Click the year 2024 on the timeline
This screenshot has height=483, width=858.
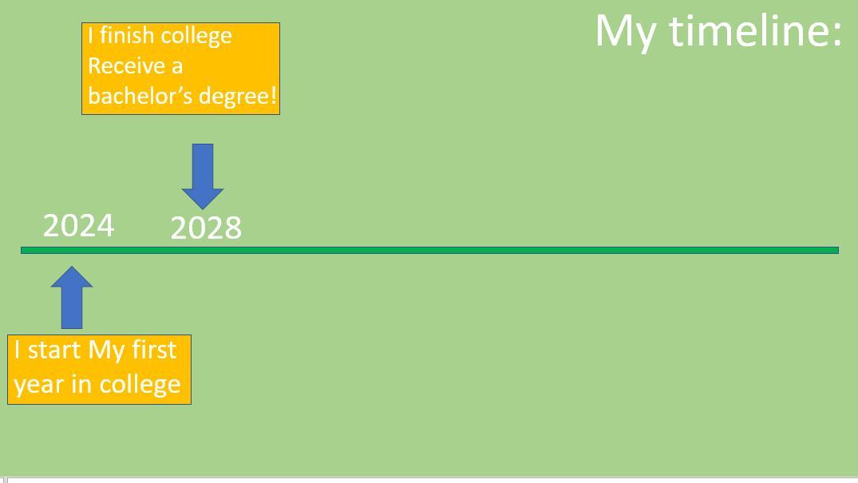tap(78, 226)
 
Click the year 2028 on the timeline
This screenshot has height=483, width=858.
tap(206, 228)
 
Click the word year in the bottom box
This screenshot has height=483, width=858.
tap(38, 385)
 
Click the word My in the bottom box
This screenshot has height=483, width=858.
tap(106, 350)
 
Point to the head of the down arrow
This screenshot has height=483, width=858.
tap(203, 197)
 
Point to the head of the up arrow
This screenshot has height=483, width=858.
tap(72, 277)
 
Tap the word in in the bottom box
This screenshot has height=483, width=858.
tap(81, 384)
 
